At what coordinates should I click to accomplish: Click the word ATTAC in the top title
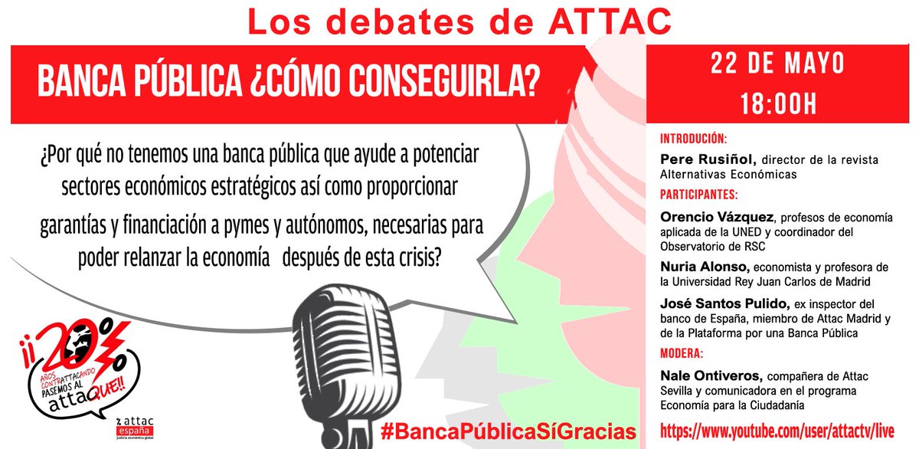pos(610,21)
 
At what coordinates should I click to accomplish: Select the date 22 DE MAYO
pos(777,64)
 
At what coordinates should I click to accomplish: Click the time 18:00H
pos(778,104)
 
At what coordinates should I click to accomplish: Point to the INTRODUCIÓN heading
pos(693,139)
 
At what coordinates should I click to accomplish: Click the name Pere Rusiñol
pos(708,159)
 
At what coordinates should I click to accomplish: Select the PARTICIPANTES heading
pos(698,195)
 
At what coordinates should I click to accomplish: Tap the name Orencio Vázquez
pos(717,217)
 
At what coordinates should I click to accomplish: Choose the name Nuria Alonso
pos(705,267)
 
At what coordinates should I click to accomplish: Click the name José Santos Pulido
pos(725,304)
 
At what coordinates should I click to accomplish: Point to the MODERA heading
pos(682,353)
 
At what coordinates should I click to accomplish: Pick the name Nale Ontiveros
pos(711,376)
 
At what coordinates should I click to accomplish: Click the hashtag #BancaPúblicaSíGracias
pos(509,431)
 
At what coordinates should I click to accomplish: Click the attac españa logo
pos(135,428)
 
